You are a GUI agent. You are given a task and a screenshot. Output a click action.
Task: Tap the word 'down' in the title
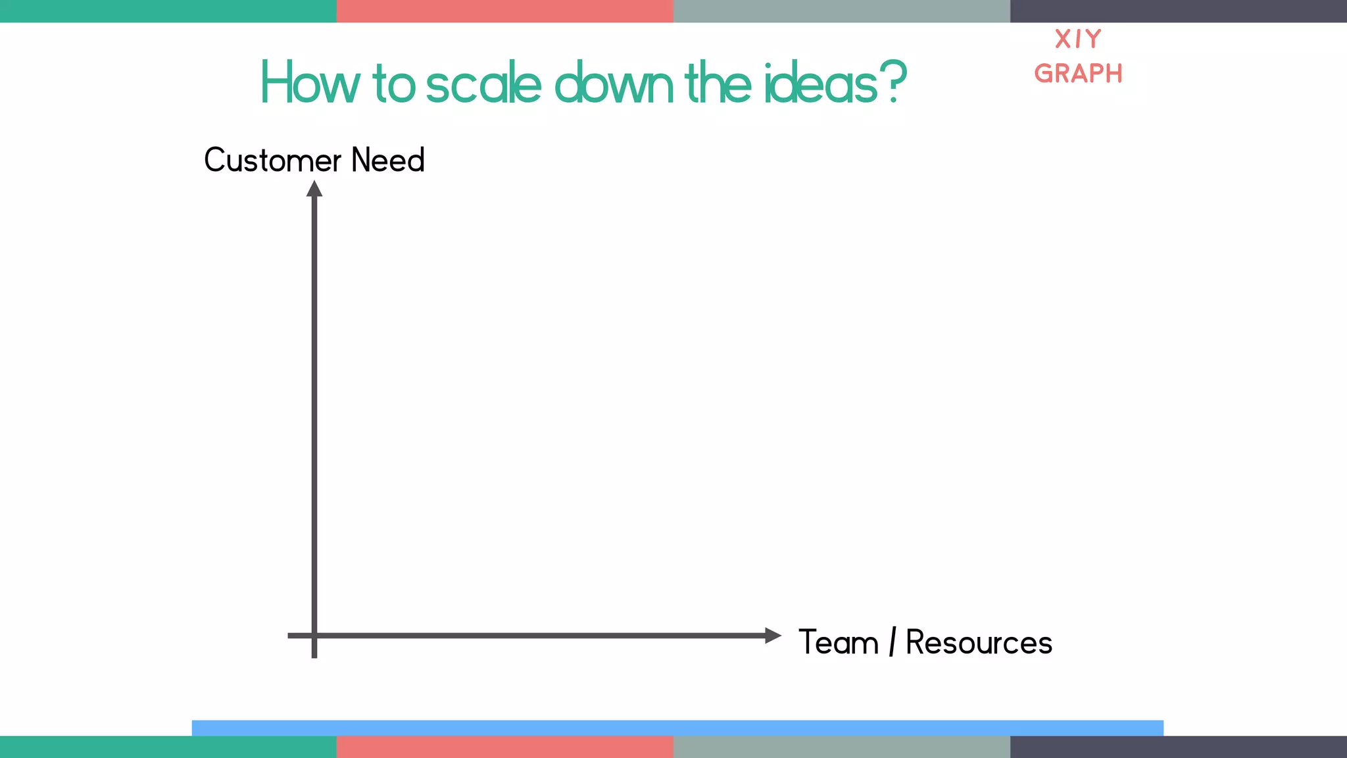(614, 84)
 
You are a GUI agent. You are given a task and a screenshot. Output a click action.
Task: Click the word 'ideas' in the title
(821, 84)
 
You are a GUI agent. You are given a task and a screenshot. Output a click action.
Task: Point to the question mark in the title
(894, 82)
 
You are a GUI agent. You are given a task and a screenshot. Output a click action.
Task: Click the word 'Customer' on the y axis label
(272, 160)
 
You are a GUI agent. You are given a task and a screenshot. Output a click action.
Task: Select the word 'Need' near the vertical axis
(388, 160)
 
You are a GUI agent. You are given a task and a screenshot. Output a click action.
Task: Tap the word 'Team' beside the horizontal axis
(839, 642)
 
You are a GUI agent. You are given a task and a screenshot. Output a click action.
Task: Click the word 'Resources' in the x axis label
(979, 642)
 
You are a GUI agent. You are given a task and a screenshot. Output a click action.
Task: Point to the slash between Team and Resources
(893, 642)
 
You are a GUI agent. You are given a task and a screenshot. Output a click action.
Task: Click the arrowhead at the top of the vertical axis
(314, 189)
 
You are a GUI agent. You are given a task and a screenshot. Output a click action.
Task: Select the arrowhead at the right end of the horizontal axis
(773, 636)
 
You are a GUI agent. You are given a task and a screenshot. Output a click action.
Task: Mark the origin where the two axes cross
(314, 636)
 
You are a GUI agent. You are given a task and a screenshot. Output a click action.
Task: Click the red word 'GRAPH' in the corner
(1078, 74)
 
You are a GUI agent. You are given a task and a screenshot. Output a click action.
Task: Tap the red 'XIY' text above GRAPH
(1078, 39)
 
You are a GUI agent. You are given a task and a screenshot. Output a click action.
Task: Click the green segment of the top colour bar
(168, 11)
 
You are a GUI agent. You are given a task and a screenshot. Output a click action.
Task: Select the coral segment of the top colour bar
(505, 11)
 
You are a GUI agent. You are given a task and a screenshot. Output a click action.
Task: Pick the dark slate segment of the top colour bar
(1179, 11)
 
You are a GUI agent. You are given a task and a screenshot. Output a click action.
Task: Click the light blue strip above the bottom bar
(677, 728)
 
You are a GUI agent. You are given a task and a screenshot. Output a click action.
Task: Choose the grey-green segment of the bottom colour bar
(842, 747)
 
